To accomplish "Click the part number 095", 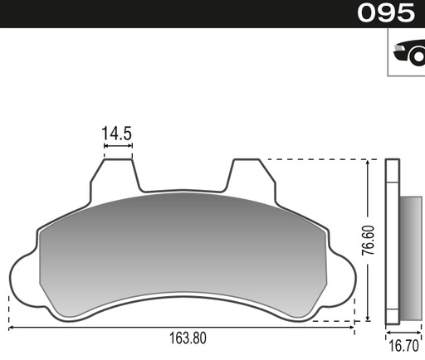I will pyautogui.click(x=386, y=13).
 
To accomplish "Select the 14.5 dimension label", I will pyautogui.click(x=117, y=133).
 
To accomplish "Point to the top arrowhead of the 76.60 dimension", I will pyautogui.click(x=367, y=163).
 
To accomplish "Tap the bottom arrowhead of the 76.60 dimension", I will pyautogui.click(x=367, y=319).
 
